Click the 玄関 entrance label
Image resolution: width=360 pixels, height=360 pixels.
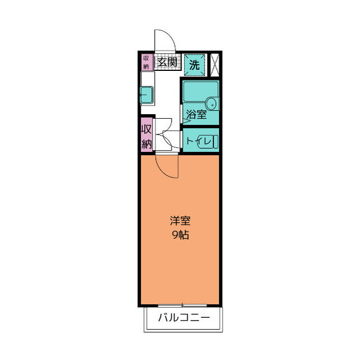(167, 62)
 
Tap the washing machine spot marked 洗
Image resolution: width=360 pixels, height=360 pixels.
(194, 64)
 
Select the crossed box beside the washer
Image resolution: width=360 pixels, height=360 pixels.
(214, 64)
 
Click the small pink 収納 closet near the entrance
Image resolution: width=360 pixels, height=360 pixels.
(146, 62)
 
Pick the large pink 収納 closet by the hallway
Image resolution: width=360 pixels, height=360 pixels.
(146, 136)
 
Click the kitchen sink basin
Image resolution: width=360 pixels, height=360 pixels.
(146, 96)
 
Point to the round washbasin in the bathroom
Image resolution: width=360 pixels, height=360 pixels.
(211, 103)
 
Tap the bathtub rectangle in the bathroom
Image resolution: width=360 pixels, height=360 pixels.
(200, 90)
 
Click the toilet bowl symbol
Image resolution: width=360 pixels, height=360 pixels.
(214, 141)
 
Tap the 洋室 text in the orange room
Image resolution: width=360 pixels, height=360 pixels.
(179, 219)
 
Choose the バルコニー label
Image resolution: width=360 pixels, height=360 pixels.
(183, 318)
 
